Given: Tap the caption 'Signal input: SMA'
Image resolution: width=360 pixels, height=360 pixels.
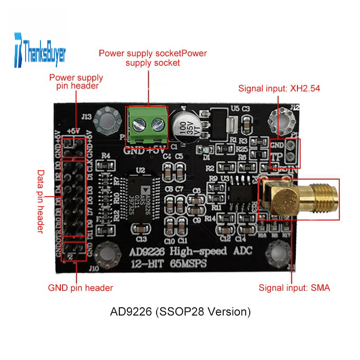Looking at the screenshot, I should pyautogui.click(x=294, y=288).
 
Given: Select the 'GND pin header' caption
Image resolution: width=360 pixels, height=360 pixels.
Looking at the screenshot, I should pyautogui.click(x=81, y=288).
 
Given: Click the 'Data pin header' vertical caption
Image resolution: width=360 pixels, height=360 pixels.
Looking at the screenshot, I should pyautogui.click(x=41, y=201).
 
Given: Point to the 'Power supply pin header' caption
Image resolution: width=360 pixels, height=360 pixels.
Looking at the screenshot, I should pyautogui.click(x=76, y=81).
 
